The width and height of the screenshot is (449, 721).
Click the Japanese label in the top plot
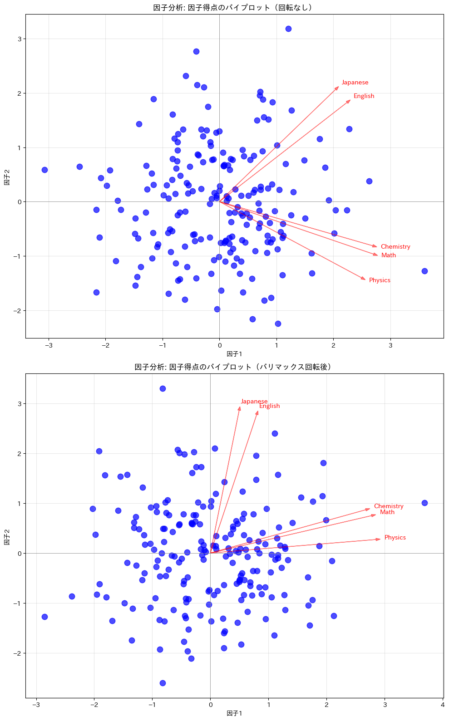point(355,83)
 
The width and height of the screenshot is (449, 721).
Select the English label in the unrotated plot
point(364,96)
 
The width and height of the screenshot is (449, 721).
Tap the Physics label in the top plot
point(380,280)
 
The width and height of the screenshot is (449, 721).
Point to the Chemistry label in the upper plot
point(395,247)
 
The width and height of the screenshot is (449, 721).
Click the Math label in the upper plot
point(389,255)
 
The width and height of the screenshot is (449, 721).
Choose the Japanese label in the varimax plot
point(254,402)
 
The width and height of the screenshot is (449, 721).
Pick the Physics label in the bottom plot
point(395,538)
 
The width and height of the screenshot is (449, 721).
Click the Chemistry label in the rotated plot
point(389,506)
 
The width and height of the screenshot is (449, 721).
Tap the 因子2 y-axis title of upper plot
point(7,177)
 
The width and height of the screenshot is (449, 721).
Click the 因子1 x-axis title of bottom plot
point(234,713)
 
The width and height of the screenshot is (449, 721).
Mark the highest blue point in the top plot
point(288,29)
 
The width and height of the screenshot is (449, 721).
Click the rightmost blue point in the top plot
point(424,271)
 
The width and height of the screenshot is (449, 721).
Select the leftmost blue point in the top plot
point(44,170)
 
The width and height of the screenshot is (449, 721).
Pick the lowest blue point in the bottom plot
point(163,683)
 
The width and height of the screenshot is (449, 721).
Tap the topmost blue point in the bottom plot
point(163,389)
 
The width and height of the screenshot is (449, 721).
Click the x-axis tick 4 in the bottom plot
point(443,705)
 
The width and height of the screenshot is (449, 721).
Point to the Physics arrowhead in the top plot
point(364,279)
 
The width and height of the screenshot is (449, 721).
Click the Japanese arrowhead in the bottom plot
point(240,408)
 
